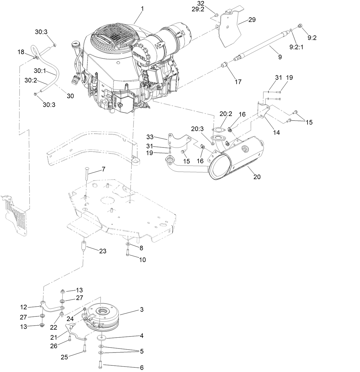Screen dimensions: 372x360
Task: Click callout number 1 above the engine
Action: pyautogui.click(x=142, y=9)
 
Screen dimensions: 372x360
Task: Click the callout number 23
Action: pyautogui.click(x=103, y=251)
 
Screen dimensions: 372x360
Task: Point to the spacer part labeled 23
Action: pyautogui.click(x=84, y=246)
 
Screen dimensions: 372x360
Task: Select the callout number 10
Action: pyautogui.click(x=142, y=260)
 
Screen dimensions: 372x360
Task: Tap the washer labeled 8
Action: pyautogui.click(x=127, y=243)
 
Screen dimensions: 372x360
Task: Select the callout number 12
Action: pyautogui.click(x=23, y=307)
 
